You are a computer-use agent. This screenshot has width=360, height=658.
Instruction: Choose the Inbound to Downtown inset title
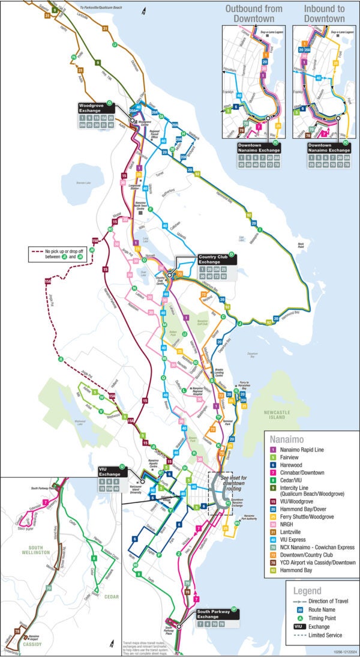pos(324,13)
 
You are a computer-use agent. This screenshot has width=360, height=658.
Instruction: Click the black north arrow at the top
pos(143,10)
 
